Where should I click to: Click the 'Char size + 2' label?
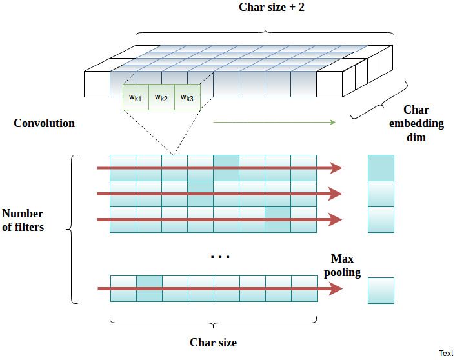271,7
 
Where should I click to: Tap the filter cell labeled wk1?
136,97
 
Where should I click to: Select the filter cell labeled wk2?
161,97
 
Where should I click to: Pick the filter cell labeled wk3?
187,97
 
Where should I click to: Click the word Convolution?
44,123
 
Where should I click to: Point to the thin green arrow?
274,122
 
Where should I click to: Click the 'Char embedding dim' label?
416,123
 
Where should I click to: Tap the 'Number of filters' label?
23,220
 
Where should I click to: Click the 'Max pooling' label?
343,265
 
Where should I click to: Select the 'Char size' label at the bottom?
214,342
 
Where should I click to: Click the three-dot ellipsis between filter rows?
220,257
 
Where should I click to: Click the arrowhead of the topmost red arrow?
336,168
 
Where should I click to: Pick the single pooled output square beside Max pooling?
381,290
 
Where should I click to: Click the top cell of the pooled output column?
381,168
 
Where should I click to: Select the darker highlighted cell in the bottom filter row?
150,289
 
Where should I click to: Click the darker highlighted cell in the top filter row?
226,168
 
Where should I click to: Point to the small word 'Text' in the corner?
446,353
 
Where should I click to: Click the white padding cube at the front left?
97,84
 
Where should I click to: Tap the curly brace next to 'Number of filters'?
72,229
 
